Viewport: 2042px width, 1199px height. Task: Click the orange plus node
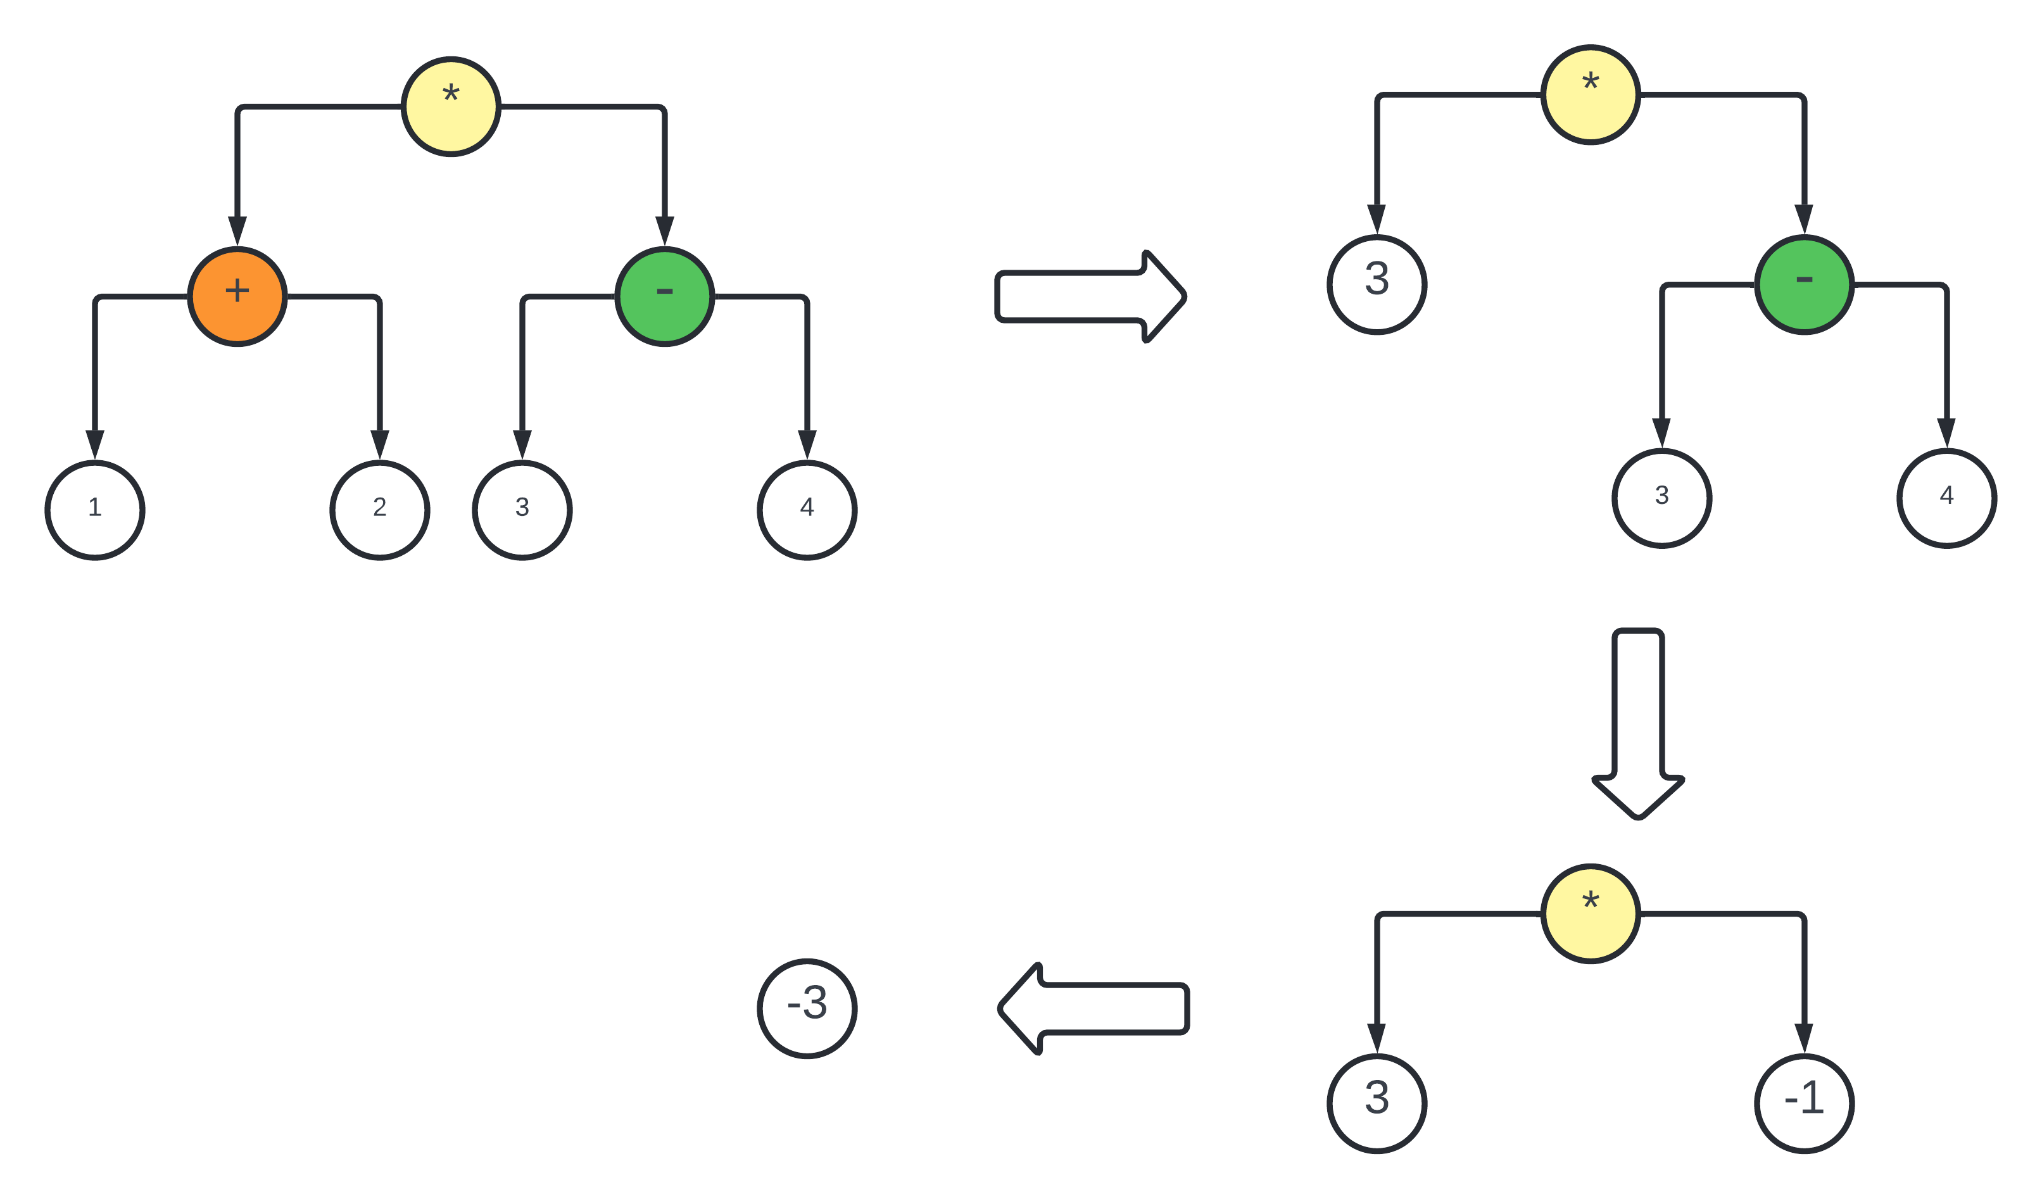coord(237,296)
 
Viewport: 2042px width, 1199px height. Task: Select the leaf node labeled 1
coord(95,510)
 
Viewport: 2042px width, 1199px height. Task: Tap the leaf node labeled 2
coord(379,510)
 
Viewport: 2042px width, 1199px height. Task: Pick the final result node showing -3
coord(807,1008)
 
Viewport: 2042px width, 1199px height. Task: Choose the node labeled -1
coord(1805,1103)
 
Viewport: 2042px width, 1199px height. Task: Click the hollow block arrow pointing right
coord(1090,296)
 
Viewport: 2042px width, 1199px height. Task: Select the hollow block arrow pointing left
coord(1094,1008)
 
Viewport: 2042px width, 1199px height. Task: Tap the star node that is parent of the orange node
coord(451,106)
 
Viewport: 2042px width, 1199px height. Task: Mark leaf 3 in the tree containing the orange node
coord(522,510)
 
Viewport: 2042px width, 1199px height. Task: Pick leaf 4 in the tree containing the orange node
coord(807,510)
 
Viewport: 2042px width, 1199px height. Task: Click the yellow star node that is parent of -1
coord(1591,914)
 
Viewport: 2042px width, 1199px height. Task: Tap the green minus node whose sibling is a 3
coord(1805,284)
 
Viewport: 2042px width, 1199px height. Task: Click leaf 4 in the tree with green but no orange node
coord(1947,498)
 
